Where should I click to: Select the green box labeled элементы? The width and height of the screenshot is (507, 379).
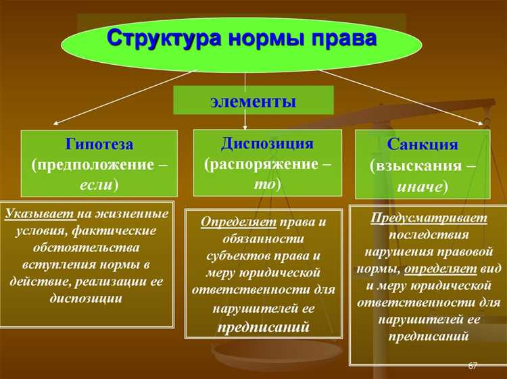(254, 102)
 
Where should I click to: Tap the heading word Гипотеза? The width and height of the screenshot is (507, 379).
(99, 145)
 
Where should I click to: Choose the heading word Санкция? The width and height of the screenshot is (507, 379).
(422, 145)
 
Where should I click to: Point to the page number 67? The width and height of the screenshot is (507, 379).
(473, 365)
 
